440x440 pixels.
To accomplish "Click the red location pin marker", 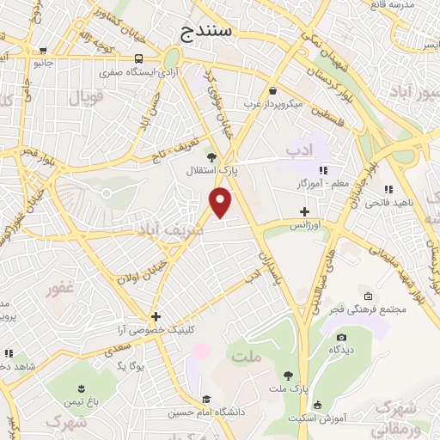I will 221,203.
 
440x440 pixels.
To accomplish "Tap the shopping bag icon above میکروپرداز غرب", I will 272,90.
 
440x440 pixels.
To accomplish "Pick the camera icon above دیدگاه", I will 341,337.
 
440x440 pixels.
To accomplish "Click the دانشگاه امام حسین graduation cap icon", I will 206,399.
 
